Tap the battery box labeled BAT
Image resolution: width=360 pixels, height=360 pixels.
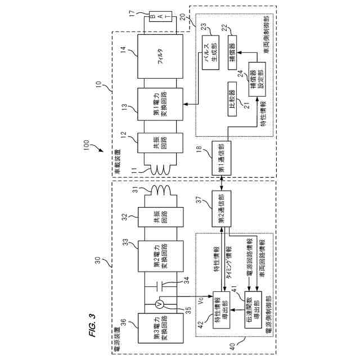pos(154,17)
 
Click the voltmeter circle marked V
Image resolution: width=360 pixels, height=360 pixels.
pos(160,304)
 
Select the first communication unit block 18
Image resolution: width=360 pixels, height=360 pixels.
pos(220,155)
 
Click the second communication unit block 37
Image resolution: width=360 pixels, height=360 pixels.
pos(220,211)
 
